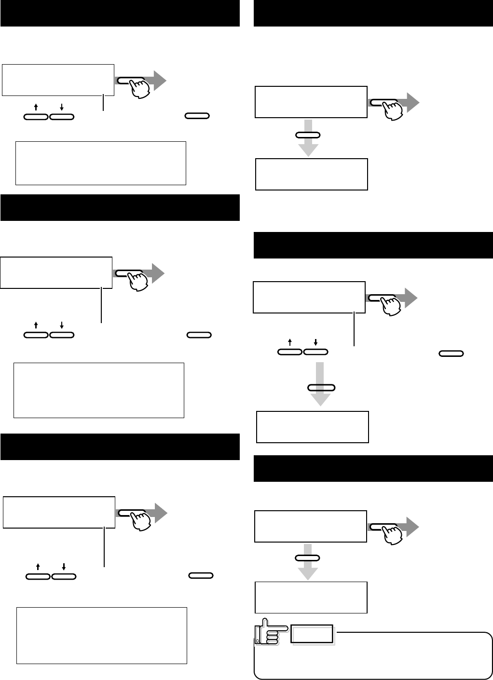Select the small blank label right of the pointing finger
[312, 634]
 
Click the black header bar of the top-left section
[120, 13]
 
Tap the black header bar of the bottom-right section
[373, 468]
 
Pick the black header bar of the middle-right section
[373, 245]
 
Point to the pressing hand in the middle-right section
[390, 304]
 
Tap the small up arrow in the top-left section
[37, 106]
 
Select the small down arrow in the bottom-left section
[64, 565]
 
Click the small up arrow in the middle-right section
[290, 342]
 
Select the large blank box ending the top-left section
[101, 163]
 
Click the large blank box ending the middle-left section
[99, 390]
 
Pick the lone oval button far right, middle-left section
[199, 334]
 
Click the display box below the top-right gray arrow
[311, 174]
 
